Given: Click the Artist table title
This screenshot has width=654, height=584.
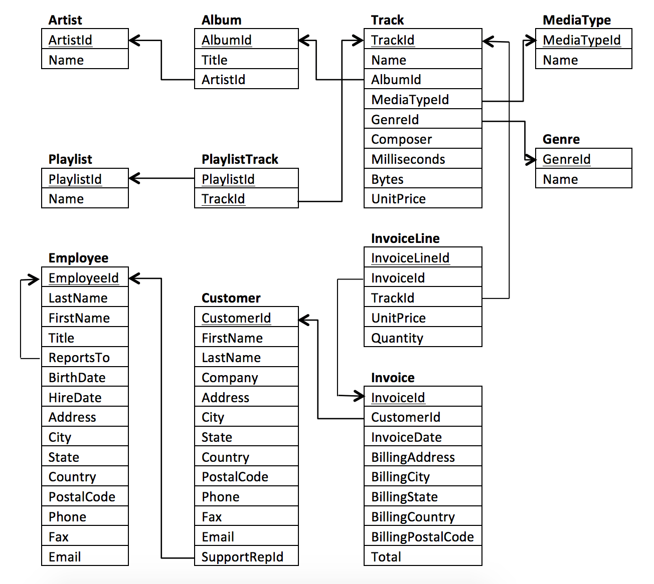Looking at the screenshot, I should coord(65,20).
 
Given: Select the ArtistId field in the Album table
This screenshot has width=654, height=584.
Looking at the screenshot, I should coord(223,80).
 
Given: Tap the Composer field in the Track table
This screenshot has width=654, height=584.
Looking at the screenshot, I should coord(401,139).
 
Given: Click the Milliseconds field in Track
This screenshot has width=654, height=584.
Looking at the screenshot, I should coord(408,159).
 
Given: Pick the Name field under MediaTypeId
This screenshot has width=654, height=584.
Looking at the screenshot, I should coord(560,60).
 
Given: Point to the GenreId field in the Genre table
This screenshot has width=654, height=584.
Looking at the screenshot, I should coord(566,159).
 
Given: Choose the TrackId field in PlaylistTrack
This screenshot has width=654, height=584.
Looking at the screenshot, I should coord(223,199).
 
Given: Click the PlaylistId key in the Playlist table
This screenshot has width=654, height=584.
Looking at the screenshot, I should coord(75,179).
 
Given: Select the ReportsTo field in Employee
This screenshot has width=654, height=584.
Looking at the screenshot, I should coord(79,358).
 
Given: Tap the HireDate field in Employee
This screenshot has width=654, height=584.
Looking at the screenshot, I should coord(75,398).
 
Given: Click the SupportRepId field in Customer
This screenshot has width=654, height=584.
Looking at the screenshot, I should coord(242,557).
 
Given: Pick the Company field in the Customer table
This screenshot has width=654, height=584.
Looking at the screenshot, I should coord(230,378).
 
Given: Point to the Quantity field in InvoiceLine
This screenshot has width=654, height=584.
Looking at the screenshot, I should coord(397,338).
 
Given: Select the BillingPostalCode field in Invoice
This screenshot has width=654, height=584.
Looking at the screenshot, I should coord(422,537).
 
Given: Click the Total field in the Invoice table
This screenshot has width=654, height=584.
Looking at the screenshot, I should coord(386,557).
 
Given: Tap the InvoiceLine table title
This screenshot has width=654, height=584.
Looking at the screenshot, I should coord(405,238).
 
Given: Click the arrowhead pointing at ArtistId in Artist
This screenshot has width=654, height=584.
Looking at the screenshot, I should coord(134,40).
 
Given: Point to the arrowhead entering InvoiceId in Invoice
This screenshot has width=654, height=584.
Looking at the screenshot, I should coord(358,397).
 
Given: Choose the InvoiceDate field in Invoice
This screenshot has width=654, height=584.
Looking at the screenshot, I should coord(406,437).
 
